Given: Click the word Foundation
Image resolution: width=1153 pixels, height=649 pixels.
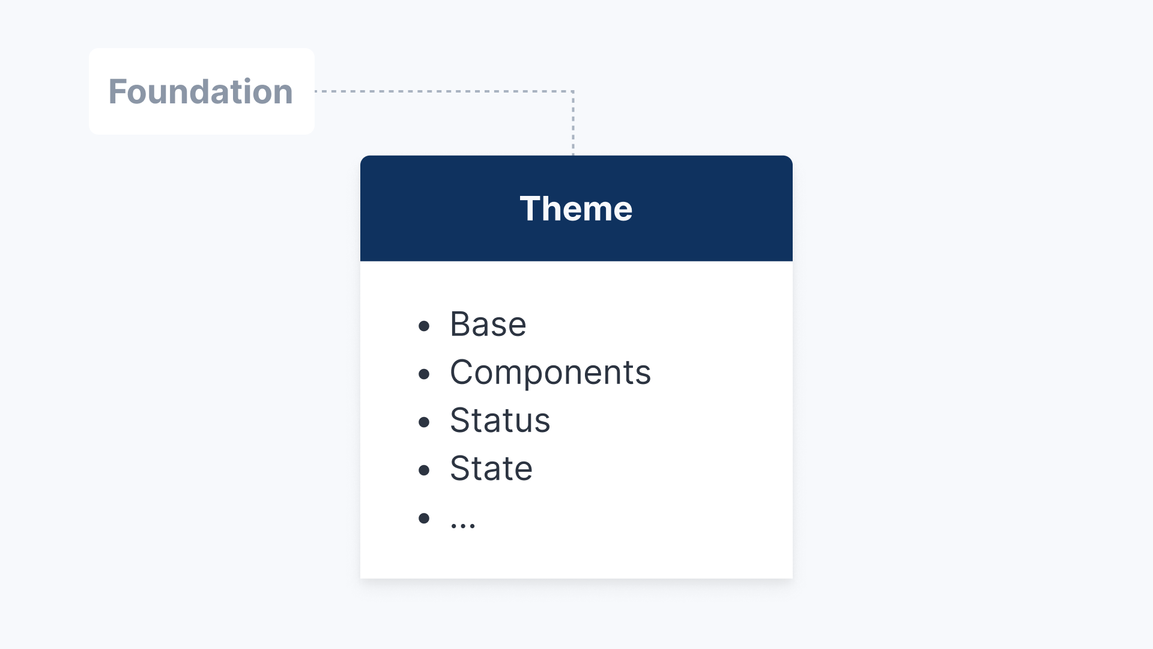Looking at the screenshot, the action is [x=201, y=91].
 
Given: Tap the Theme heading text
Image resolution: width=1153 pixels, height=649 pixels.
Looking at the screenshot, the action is [x=576, y=209].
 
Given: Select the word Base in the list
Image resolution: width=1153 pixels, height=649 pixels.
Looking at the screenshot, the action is [x=488, y=324].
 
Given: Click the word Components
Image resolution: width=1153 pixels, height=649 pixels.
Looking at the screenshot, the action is [x=550, y=373].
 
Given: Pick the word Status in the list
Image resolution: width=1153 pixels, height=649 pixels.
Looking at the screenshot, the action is [x=500, y=420].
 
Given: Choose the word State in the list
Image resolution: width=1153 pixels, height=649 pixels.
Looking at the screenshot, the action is [x=491, y=469].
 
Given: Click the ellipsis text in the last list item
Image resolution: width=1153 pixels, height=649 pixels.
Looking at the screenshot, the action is [x=463, y=525].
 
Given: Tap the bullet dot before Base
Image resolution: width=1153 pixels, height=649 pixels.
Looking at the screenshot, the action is [x=424, y=326].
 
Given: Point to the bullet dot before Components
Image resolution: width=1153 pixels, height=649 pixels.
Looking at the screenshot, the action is [x=424, y=374].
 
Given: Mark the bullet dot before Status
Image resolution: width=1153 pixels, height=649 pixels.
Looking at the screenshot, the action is [x=424, y=422].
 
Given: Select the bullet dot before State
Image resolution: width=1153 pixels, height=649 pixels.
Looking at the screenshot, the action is [x=424, y=470].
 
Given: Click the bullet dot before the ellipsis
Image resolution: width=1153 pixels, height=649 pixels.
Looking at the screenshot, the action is [x=424, y=518].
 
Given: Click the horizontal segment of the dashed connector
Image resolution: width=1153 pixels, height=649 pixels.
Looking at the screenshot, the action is [x=444, y=91].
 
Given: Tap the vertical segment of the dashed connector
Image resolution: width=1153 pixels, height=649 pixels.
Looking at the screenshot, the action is [x=573, y=123].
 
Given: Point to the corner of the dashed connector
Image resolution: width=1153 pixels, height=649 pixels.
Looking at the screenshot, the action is [x=573, y=91].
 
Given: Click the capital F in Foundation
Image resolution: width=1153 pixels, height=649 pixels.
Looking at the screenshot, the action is [x=118, y=91].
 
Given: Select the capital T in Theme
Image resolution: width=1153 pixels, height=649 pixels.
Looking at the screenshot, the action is [x=531, y=209].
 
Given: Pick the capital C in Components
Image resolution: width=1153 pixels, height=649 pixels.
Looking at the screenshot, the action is [x=463, y=373].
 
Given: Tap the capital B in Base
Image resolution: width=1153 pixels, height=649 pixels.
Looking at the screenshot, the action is [x=461, y=324].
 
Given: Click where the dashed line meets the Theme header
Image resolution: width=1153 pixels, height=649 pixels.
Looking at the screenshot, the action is [x=573, y=156].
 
